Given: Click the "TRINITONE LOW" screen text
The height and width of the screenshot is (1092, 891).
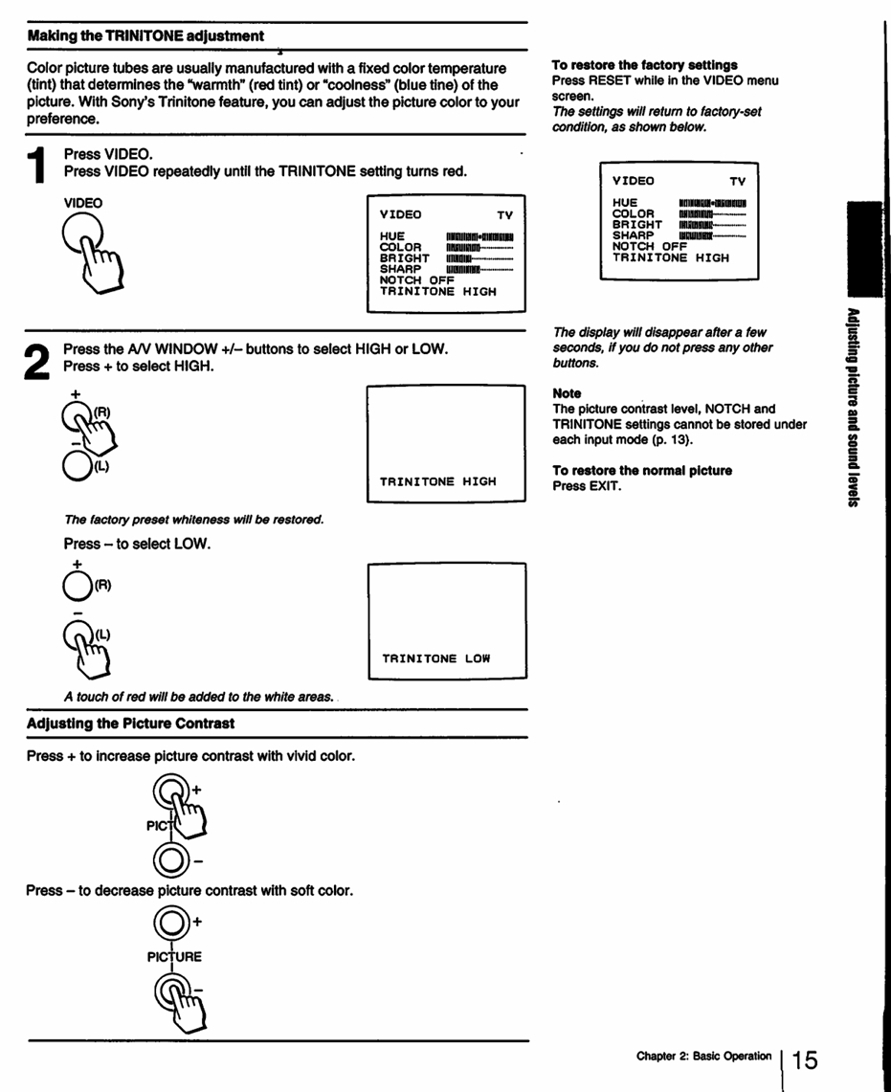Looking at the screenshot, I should point(436,659).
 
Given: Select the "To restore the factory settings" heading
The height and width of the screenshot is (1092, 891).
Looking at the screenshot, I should point(644,65).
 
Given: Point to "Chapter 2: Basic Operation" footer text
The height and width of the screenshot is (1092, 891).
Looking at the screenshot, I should point(704,1057).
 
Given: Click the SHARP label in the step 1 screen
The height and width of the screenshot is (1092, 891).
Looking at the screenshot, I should point(401,269).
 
